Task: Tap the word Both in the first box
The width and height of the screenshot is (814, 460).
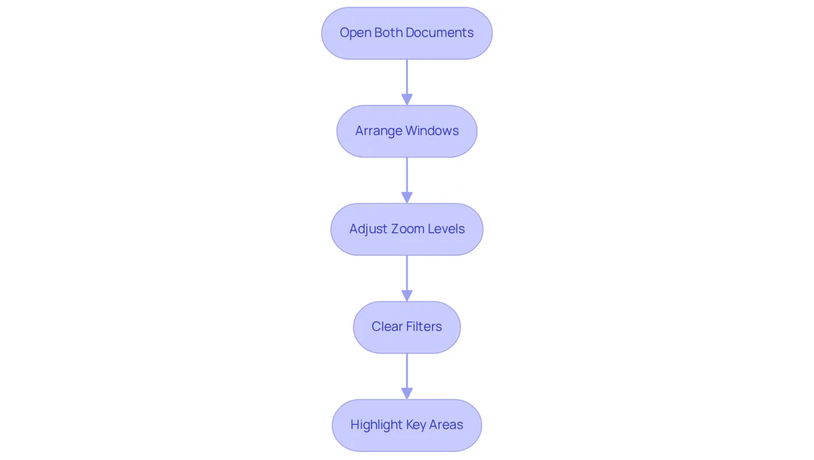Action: (388, 33)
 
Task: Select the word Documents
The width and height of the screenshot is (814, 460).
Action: (440, 33)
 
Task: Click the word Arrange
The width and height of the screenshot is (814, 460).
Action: (379, 131)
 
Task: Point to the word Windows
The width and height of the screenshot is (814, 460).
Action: (432, 130)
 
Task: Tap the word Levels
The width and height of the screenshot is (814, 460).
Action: (447, 228)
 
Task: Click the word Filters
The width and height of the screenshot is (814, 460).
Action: (424, 327)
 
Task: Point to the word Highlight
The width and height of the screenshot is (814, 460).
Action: (377, 425)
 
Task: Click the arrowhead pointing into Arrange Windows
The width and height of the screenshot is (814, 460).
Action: (407, 100)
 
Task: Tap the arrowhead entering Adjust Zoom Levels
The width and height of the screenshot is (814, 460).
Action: (407, 197)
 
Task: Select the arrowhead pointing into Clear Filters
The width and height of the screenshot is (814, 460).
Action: (407, 296)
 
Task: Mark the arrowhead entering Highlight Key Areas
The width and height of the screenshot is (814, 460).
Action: (407, 394)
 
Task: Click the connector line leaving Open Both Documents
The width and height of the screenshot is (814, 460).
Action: (407, 77)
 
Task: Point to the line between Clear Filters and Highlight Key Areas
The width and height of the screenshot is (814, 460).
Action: (407, 371)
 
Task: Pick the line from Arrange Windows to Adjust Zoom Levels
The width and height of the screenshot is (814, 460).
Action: (407, 175)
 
